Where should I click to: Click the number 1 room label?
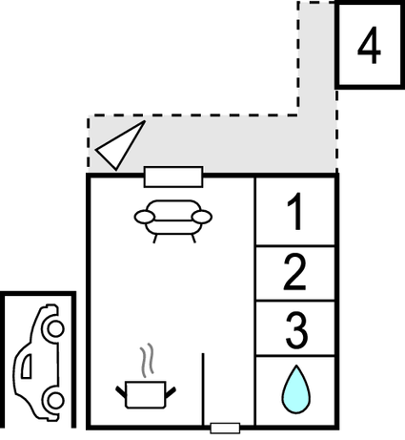click(295, 211)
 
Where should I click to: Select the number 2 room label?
click(294, 273)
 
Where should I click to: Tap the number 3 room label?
click(296, 330)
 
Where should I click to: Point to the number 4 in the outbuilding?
click(369, 45)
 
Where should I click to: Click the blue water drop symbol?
click(296, 389)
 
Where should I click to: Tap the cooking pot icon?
click(146, 394)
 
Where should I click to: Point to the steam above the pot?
click(147, 360)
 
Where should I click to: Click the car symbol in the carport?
click(39, 363)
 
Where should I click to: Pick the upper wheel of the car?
click(55, 328)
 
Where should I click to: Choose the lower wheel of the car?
click(54, 400)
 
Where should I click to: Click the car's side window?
click(27, 366)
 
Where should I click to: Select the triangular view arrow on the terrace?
click(121, 145)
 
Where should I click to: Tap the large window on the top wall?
click(173, 177)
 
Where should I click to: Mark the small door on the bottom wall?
click(225, 428)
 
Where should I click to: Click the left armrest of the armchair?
click(145, 217)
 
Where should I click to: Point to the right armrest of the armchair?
click(202, 217)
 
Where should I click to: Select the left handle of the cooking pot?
click(121, 392)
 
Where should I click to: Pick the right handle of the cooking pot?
click(171, 392)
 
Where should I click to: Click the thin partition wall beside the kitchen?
click(203, 388)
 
